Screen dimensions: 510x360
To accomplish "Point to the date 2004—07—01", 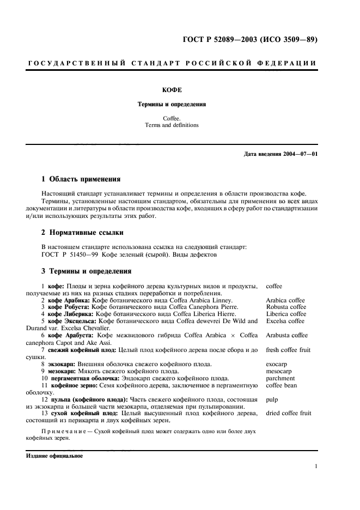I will click(x=298, y=154).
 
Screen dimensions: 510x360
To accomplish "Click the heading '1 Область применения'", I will click(x=81, y=179).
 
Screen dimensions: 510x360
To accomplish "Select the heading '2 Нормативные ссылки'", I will click(x=83, y=233).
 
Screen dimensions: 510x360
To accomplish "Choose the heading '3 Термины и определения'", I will click(x=86, y=271).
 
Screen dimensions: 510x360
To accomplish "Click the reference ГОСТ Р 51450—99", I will click(x=70, y=254).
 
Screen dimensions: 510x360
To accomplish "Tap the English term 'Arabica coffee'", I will click(x=285, y=300).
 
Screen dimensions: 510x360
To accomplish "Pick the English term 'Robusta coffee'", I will click(x=286, y=307).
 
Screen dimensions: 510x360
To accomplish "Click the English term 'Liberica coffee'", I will click(x=286, y=314).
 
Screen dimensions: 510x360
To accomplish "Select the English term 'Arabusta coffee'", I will click(x=286, y=335).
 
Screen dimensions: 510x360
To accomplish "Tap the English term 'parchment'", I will click(x=280, y=378).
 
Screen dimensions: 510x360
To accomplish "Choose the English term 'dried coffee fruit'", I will click(x=289, y=413).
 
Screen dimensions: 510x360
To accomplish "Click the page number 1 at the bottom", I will click(x=316, y=466).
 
